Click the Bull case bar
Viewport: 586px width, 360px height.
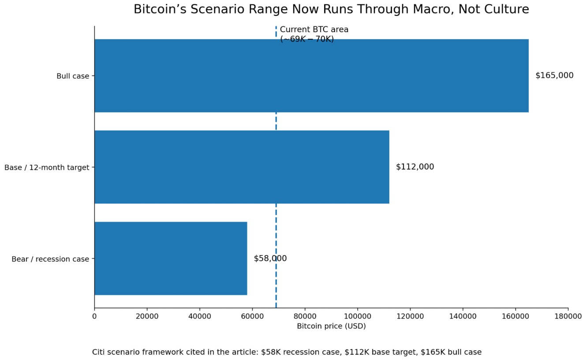pos(311,76)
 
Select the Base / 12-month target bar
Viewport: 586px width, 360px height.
pos(242,167)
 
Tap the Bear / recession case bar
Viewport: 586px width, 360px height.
pos(171,258)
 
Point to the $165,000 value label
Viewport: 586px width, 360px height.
pos(554,75)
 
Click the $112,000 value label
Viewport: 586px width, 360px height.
pos(415,167)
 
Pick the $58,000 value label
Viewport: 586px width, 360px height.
pos(270,259)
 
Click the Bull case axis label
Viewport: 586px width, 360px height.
pos(73,76)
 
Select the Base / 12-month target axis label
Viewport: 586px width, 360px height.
pos(47,167)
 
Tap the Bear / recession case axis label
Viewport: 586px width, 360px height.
pos(50,259)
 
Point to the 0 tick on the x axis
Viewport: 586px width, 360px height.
pos(94,316)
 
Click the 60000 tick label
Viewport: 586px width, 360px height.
pos(252,316)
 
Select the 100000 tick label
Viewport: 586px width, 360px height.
pos(358,316)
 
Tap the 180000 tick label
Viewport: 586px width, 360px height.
pos(568,316)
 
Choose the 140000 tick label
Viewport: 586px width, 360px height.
pos(463,316)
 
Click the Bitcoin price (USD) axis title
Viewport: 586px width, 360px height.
pos(331,327)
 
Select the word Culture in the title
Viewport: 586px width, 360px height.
pos(507,9)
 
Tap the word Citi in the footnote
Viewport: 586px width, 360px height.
pos(99,352)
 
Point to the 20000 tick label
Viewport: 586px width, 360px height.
pos(147,316)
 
